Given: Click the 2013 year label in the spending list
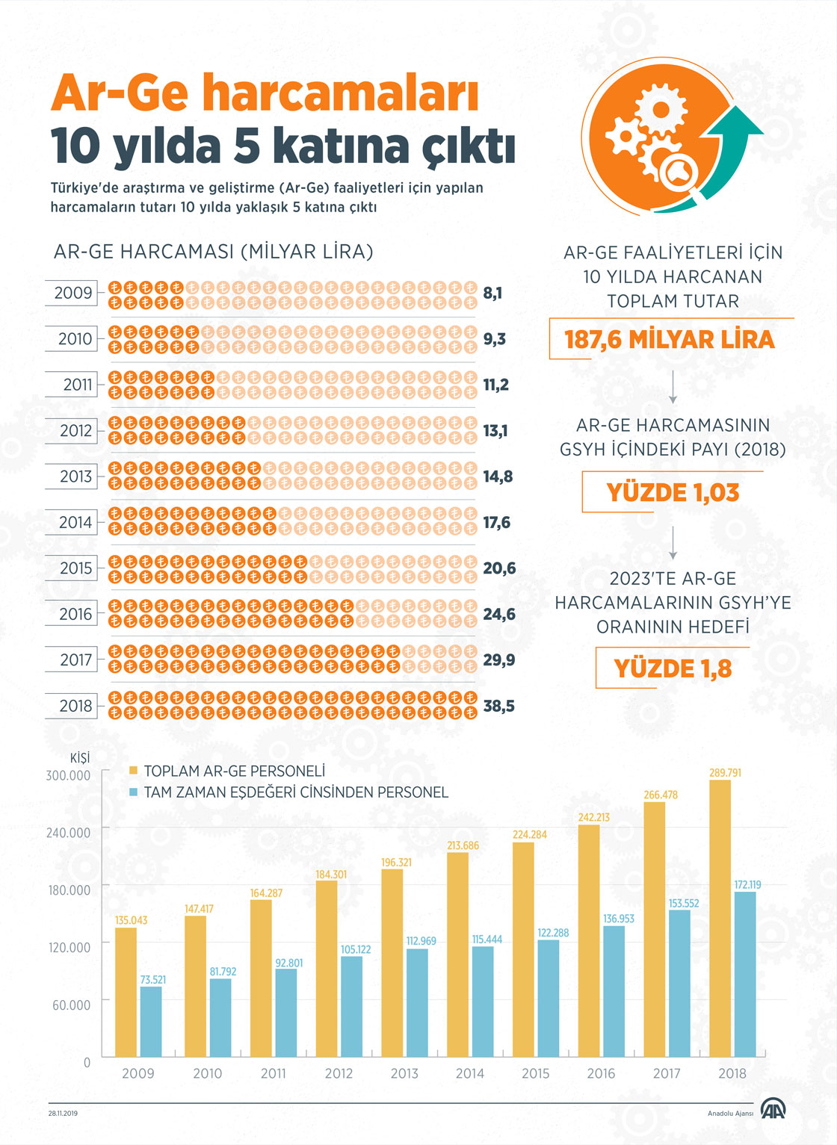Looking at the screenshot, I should [75, 477].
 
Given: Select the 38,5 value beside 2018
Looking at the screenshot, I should [498, 706].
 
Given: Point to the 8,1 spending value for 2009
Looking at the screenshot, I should [492, 293].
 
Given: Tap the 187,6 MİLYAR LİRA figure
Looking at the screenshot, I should [670, 340].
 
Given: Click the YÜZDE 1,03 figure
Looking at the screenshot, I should [673, 493].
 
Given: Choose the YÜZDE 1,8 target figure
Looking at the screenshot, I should [673, 669].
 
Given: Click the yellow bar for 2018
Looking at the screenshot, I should [720, 919].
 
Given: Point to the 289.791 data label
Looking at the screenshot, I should [725, 773].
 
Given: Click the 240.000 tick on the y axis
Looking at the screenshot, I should [68, 833].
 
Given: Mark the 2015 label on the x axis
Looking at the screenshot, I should [535, 1073].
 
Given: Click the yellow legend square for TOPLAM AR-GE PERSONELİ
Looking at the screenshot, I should [133, 771].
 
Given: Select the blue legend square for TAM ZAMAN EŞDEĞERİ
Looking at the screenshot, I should [133, 792].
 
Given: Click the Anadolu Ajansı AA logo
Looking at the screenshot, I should [773, 1111].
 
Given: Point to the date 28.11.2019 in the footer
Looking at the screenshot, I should [63, 1114].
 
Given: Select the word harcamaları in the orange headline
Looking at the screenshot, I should [340, 95].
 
